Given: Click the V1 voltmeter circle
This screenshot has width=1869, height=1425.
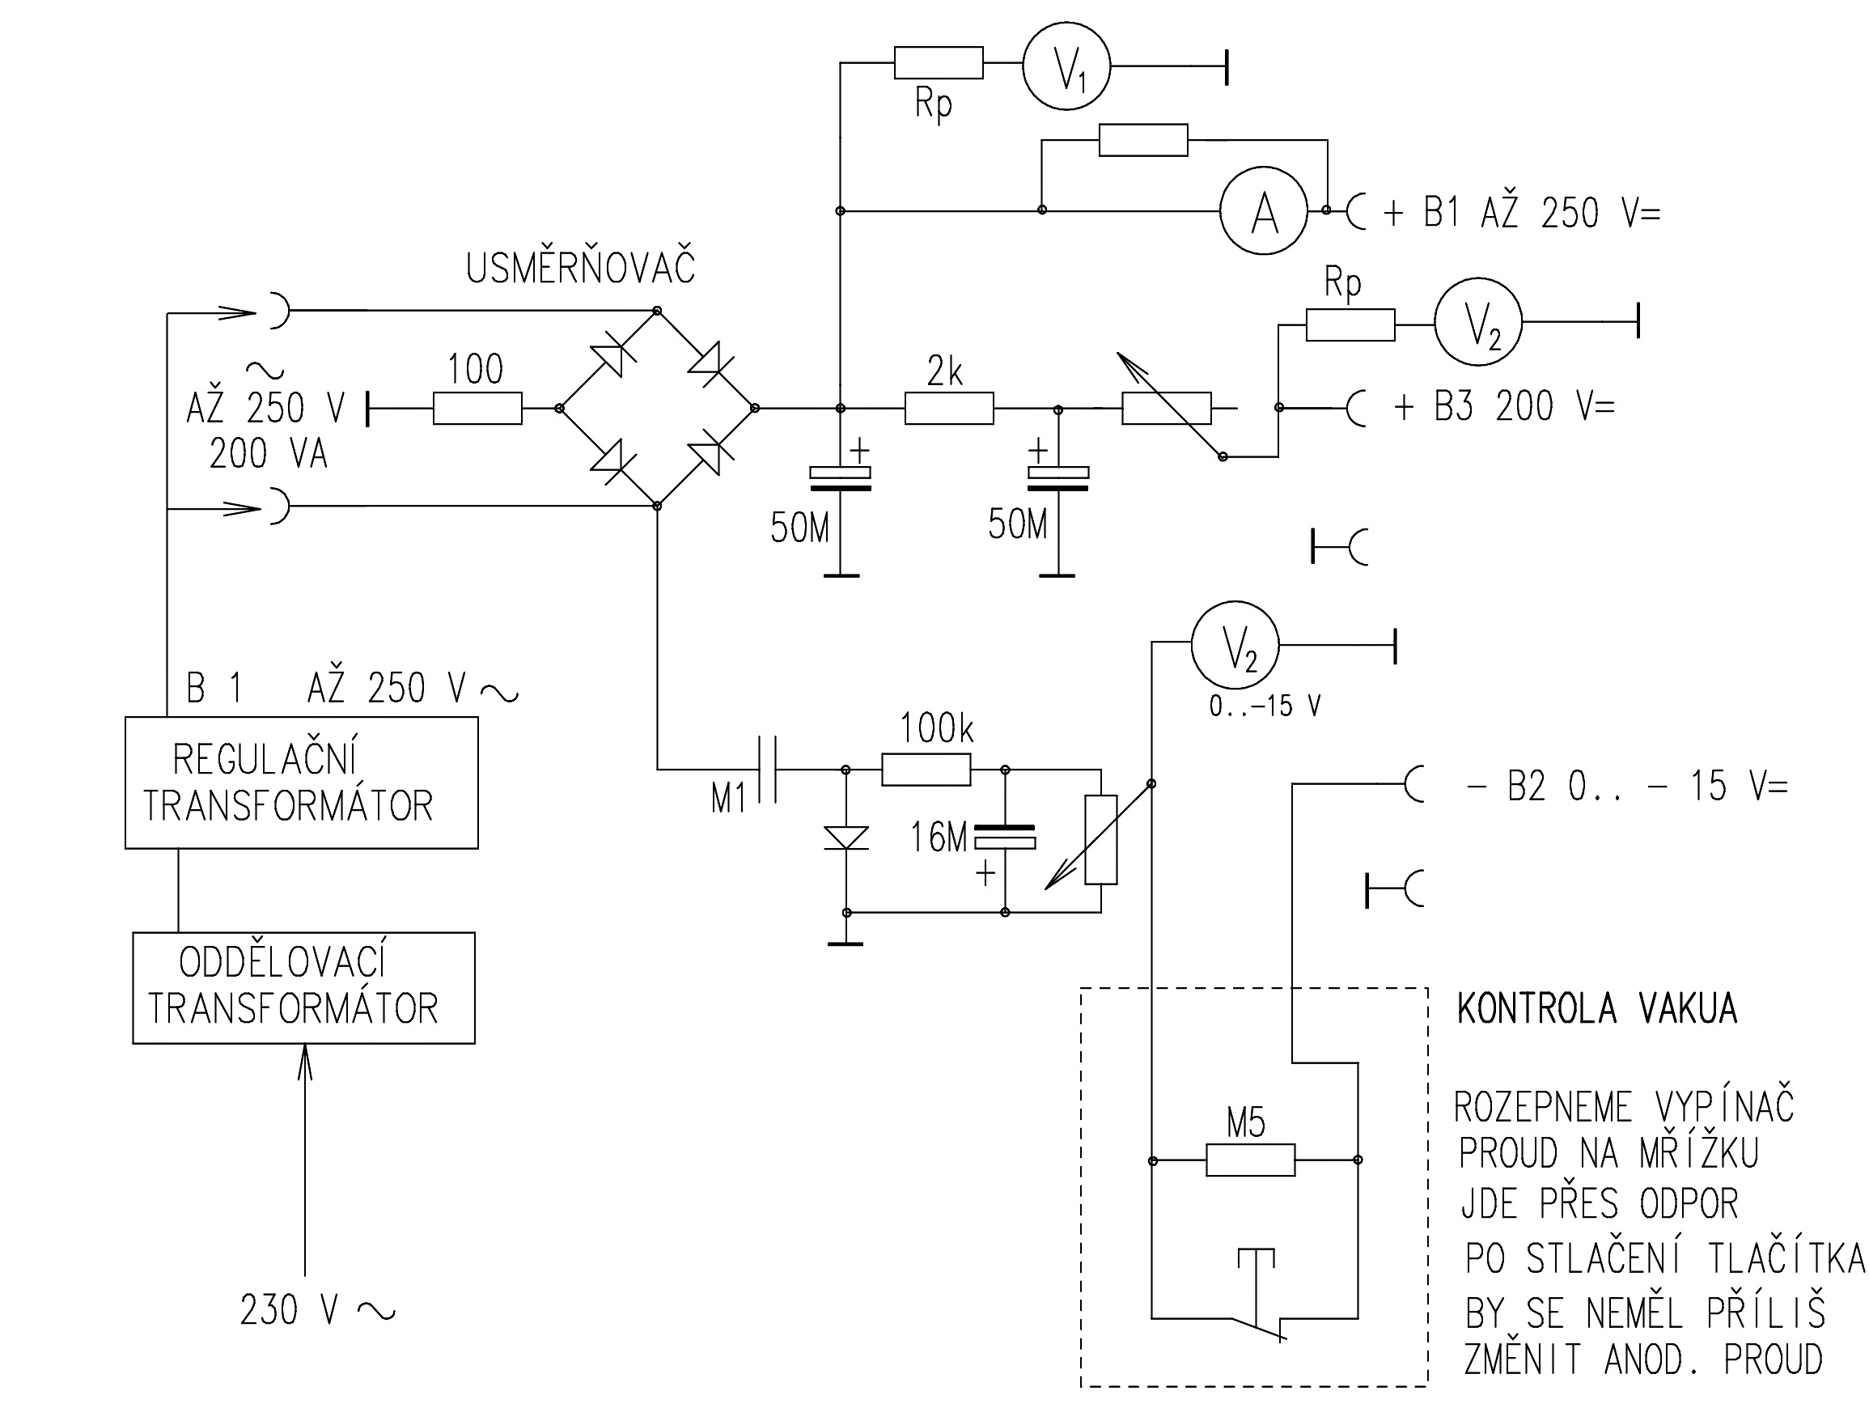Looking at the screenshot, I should (x=1066, y=66).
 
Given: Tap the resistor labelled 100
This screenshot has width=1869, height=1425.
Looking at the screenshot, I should (x=477, y=408).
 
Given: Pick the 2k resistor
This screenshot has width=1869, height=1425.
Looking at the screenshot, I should (x=949, y=408).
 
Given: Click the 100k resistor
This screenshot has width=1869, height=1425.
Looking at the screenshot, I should (x=926, y=770).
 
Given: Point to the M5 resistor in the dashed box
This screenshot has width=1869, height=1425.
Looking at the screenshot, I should (x=1250, y=1160).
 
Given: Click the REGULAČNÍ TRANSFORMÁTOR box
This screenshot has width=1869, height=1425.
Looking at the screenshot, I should (x=301, y=782).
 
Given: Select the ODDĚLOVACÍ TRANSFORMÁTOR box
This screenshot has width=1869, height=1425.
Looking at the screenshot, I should (x=303, y=987).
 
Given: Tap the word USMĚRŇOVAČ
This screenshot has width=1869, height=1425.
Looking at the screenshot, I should (x=580, y=267).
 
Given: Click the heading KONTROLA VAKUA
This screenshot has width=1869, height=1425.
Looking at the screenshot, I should (x=1597, y=1009).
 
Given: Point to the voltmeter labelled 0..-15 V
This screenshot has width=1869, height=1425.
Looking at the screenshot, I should (x=1235, y=647).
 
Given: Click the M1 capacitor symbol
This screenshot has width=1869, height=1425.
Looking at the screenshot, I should (x=766, y=770).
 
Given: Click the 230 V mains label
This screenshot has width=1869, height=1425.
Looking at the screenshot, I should (x=316, y=1310).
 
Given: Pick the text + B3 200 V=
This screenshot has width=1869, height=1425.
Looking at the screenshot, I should (x=1503, y=406).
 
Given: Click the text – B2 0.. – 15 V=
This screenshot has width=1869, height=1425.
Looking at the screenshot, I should (x=1626, y=787).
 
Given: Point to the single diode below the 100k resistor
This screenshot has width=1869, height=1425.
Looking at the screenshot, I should (x=846, y=838).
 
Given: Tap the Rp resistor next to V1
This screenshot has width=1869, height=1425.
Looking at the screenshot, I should (x=938, y=63).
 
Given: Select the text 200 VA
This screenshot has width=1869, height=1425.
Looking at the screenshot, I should (x=268, y=454).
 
